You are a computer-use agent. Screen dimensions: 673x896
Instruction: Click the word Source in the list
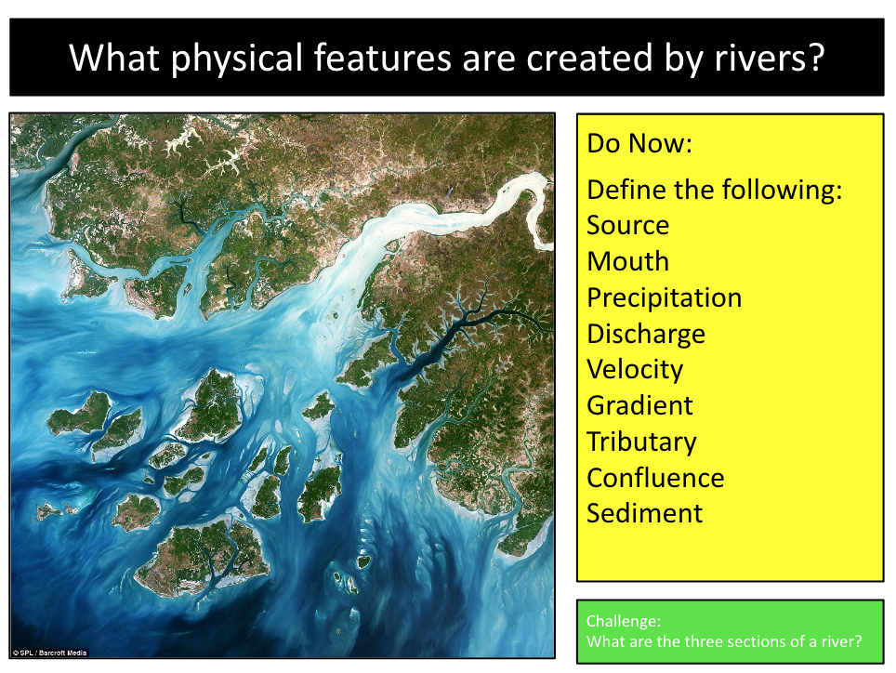627,226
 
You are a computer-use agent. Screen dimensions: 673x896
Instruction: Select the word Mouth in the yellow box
627,262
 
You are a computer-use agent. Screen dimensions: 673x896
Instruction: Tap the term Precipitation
664,298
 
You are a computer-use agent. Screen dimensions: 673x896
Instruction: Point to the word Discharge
645,334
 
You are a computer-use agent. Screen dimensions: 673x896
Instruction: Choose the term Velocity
635,370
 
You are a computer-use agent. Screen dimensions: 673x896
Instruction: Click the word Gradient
639,406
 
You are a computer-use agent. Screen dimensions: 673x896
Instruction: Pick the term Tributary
641,442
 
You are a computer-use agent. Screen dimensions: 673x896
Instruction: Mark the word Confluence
655,478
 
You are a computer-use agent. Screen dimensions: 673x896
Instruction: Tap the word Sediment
644,513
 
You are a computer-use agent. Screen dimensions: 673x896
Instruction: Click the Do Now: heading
639,144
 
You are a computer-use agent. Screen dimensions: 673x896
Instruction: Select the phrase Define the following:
714,191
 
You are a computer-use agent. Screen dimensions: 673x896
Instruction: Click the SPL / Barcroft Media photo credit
49,653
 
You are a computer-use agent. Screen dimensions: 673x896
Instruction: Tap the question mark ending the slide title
815,58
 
